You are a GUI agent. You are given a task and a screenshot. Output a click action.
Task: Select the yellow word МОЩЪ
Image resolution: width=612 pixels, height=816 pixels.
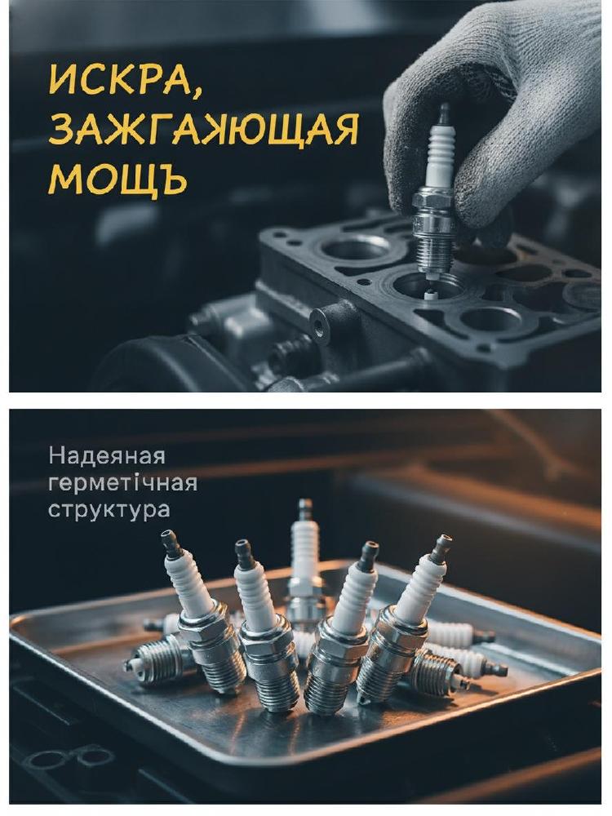tap(118, 179)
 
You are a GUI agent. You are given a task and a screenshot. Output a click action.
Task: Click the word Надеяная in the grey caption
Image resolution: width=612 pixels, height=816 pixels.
tap(107, 456)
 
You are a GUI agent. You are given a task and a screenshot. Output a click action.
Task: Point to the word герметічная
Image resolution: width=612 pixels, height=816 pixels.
tap(123, 483)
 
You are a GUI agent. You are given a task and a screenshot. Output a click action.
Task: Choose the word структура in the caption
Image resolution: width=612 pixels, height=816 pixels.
tap(109, 510)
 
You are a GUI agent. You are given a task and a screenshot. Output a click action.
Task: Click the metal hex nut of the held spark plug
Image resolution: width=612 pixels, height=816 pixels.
tap(433, 206)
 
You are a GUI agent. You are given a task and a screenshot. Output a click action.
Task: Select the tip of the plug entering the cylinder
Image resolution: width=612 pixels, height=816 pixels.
tap(429, 295)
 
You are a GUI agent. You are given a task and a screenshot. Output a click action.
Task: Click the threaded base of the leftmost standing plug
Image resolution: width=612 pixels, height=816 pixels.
tap(221, 667)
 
